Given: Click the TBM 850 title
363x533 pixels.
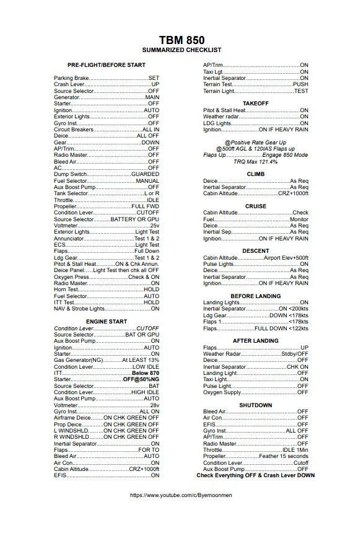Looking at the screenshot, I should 181,39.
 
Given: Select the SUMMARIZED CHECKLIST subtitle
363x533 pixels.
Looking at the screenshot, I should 181,50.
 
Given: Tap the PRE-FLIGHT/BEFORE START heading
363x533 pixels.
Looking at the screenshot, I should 107,65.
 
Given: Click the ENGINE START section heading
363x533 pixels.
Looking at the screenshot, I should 107,322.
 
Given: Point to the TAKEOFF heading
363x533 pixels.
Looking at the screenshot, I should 256,103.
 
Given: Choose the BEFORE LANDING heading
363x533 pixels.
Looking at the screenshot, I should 256,296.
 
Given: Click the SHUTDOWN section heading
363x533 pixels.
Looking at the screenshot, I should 256,405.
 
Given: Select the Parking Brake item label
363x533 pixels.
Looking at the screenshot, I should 71,78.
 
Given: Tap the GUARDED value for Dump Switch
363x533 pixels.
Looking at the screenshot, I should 146,174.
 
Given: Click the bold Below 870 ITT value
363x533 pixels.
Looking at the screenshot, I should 146,373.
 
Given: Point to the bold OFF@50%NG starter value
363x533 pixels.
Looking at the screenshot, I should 141,379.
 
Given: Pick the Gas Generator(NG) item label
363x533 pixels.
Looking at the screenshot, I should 79,360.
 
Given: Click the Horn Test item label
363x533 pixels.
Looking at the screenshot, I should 66,289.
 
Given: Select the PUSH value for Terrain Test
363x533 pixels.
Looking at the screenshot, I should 300,84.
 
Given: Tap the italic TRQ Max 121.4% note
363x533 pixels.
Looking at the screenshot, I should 256,161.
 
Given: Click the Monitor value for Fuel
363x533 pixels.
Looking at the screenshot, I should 299,219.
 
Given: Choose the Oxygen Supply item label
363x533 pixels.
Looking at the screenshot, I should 222,392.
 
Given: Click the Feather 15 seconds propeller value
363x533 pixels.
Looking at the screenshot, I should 284,456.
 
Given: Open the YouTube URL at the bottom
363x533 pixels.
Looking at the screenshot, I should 181,495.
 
